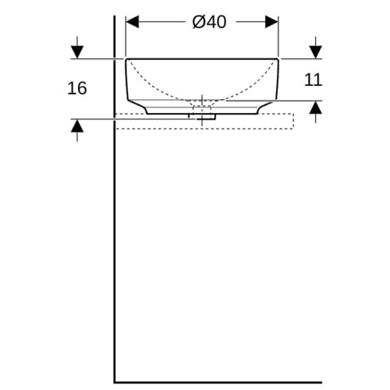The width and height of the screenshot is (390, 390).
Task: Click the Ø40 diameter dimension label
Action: [209, 22]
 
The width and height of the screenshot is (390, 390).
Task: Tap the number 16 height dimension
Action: [77, 88]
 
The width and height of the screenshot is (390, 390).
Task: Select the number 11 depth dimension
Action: [313, 80]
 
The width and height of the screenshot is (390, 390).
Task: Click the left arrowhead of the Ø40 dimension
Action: [133, 22]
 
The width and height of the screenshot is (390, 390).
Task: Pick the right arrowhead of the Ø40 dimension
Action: [271, 22]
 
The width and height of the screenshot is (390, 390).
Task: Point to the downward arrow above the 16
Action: [77, 48]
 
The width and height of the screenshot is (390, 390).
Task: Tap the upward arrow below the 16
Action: [77, 130]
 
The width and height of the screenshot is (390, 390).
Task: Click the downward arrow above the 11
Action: [316, 48]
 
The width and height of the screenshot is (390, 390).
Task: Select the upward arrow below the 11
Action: [316, 112]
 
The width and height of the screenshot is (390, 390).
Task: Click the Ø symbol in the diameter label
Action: [198, 22]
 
